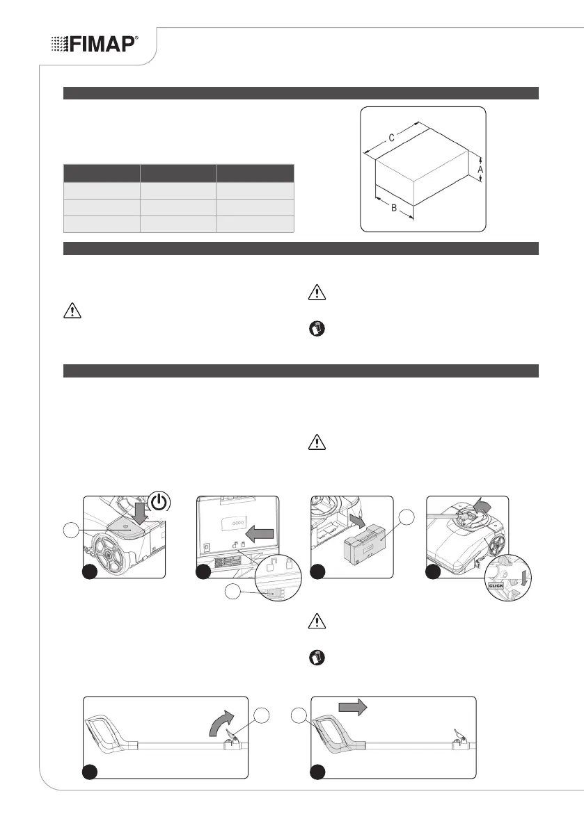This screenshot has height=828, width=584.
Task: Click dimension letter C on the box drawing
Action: [391, 138]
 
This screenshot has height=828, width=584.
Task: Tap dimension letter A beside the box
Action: [480, 168]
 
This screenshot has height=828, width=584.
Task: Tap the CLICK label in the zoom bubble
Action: [496, 585]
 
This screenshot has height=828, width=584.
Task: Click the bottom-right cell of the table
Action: [255, 223]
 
